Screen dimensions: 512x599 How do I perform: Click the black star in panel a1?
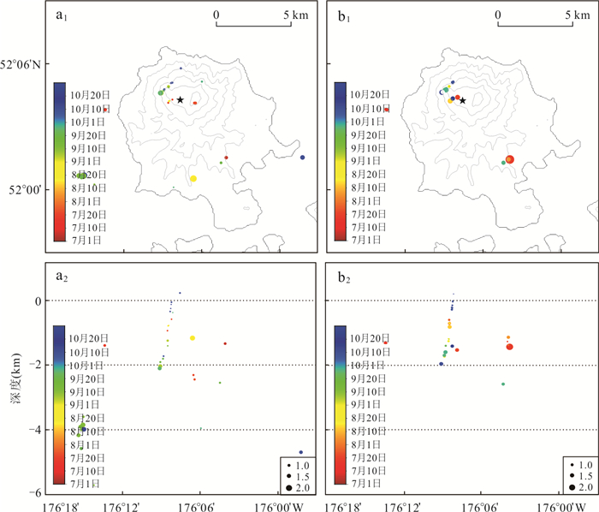pyautogui.click(x=180, y=100)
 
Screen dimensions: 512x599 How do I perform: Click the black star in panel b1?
pyautogui.click(x=462, y=100)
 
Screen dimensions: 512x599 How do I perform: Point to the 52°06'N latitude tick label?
pyautogui.click(x=24, y=65)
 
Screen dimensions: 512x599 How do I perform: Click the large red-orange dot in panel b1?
pyautogui.click(x=509, y=159)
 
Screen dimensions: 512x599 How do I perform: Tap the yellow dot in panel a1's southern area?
pyautogui.click(x=193, y=178)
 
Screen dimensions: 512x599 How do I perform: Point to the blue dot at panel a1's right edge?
pyautogui.click(x=302, y=157)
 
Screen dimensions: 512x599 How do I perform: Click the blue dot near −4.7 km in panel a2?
pyautogui.click(x=301, y=452)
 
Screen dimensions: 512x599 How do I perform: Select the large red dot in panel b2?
pyautogui.click(x=509, y=347)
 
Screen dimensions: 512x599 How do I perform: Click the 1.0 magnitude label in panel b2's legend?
pyautogui.click(x=580, y=462)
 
